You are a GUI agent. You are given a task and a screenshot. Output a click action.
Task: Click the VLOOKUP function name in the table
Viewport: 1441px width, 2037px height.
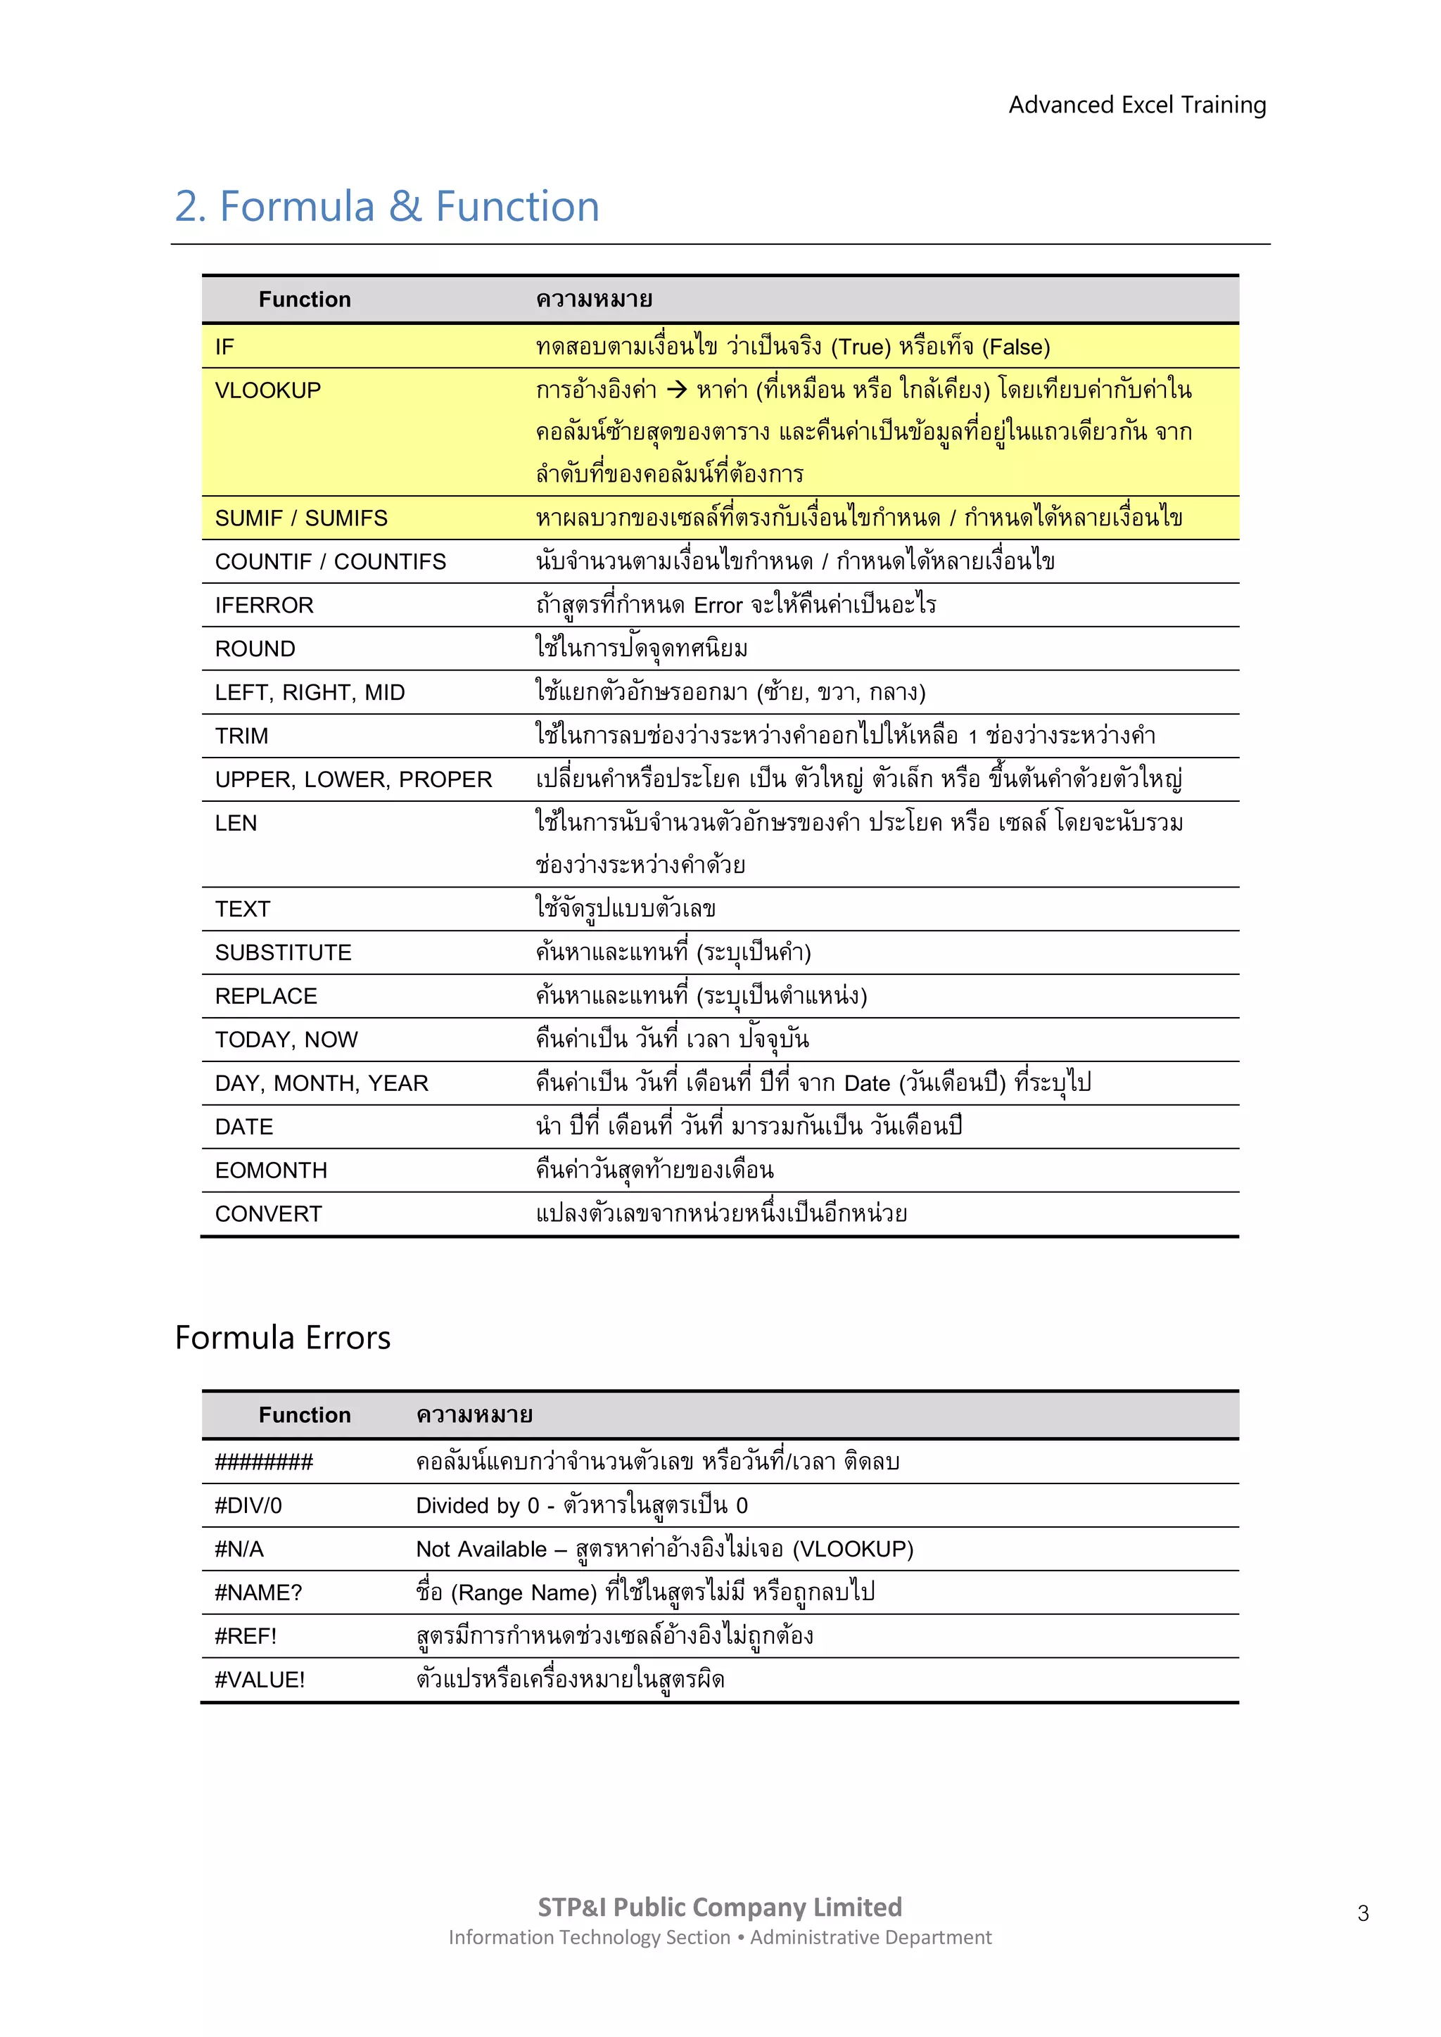[x=268, y=390]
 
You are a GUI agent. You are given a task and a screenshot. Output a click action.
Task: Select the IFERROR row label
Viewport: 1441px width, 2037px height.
[x=264, y=605]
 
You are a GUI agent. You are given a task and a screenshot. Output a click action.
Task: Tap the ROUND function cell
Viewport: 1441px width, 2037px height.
[x=255, y=649]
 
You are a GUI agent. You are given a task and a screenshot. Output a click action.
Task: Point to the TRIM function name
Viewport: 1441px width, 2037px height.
[x=241, y=736]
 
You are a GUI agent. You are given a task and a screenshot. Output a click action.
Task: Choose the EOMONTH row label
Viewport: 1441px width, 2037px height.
[x=271, y=1170]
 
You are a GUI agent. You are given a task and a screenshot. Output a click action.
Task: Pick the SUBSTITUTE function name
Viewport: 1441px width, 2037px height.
[x=283, y=953]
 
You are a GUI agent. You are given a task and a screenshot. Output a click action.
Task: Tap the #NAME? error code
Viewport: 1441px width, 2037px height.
[x=258, y=1592]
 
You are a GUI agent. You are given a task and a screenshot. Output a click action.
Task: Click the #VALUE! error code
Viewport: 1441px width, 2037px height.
[x=259, y=1680]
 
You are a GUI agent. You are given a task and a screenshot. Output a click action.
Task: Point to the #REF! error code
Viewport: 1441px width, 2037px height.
[x=246, y=1636]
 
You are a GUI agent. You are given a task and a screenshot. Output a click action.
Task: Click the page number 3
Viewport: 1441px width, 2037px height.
[x=1363, y=1914]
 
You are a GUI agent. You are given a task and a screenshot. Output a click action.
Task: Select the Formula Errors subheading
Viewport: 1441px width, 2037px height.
[x=282, y=1338]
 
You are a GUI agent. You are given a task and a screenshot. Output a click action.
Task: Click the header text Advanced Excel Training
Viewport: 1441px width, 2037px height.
[x=1136, y=105]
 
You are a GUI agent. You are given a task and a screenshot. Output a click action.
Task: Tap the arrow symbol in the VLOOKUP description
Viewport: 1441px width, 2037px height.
[x=676, y=390]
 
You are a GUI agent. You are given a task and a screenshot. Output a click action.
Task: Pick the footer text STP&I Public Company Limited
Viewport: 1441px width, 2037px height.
[x=720, y=1907]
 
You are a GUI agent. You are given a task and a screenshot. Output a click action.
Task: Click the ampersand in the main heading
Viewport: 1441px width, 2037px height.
[x=405, y=207]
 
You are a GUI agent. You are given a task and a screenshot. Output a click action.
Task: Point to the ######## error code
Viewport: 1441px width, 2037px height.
[x=264, y=1462]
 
